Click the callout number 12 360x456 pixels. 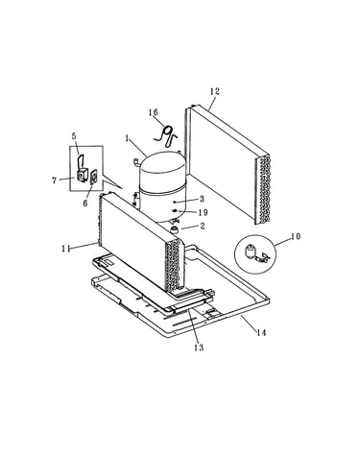[215, 91]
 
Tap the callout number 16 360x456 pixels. [153, 112]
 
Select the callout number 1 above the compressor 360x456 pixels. [128, 138]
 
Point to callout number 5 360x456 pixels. [74, 135]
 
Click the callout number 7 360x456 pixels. [55, 180]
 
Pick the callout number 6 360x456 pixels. [85, 204]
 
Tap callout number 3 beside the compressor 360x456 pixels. [202, 199]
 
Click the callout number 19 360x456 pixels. [204, 212]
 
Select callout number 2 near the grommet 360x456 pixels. [202, 227]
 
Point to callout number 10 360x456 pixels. [296, 237]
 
